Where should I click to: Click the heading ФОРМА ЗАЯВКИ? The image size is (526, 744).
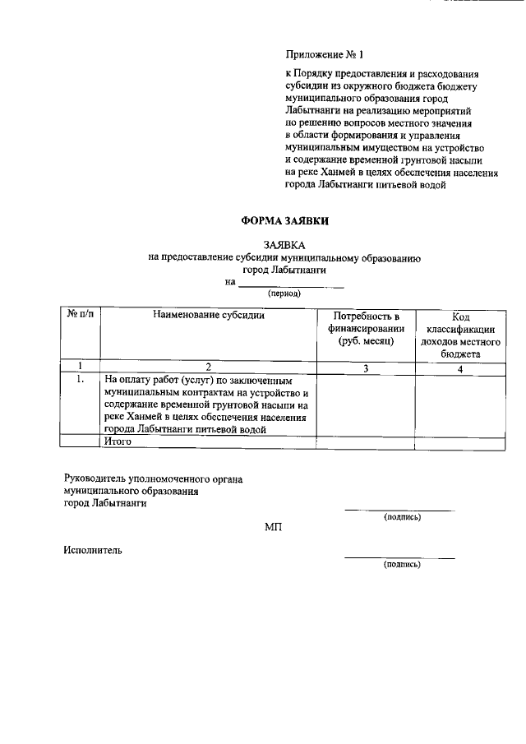284,220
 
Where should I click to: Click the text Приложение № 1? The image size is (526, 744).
321,55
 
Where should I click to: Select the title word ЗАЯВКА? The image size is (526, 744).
284,244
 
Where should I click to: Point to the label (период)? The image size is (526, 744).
284,293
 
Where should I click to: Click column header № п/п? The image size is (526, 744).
81,316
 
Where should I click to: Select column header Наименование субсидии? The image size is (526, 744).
208,316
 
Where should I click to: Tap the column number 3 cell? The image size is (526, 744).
366,367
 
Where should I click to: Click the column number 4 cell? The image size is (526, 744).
460,367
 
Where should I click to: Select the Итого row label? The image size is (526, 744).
118,442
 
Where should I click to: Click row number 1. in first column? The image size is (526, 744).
81,381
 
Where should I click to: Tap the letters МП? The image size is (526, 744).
274,527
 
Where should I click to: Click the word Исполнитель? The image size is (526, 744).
93,550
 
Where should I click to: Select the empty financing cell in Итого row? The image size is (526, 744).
366,442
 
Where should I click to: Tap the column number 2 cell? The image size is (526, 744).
208,367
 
